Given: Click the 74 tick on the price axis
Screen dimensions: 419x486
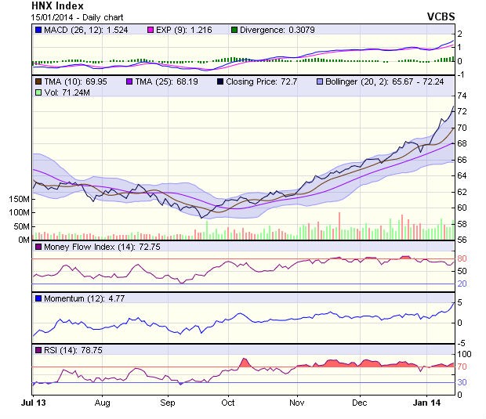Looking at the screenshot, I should tap(462, 96).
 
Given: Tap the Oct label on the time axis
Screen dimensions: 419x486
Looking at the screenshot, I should tap(228, 402).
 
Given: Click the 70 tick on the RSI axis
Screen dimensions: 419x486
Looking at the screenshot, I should tap(462, 367).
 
